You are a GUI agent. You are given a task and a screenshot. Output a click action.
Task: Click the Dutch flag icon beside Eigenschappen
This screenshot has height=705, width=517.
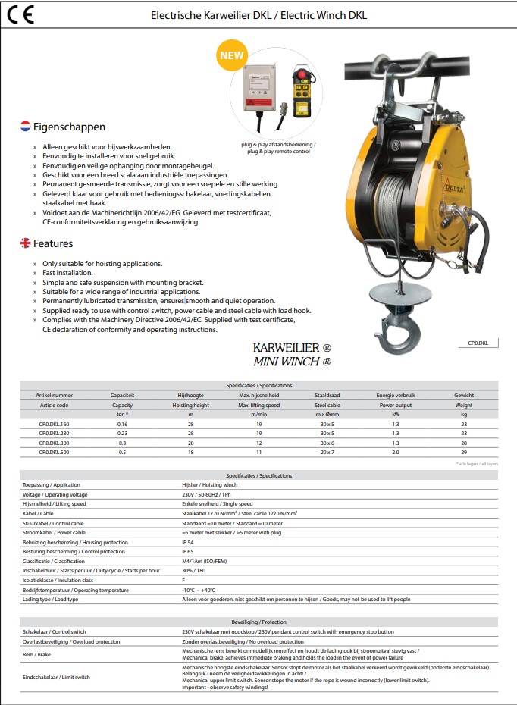point(26,127)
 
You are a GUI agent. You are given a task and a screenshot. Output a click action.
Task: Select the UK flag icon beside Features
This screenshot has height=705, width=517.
point(26,243)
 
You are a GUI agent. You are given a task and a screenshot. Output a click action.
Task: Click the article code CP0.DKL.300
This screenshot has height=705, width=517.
point(54,442)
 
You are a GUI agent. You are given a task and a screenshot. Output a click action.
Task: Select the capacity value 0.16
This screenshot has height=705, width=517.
point(122,424)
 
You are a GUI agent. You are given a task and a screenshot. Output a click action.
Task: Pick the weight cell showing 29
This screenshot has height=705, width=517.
point(464,451)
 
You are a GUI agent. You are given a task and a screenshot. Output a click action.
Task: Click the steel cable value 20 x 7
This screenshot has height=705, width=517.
point(327,451)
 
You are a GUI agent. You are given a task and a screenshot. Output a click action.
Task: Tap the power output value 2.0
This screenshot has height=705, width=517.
point(395,451)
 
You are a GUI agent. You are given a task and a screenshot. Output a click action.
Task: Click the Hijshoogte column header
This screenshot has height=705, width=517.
point(190,395)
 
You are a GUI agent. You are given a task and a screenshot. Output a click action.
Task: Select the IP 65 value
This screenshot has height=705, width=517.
point(190,552)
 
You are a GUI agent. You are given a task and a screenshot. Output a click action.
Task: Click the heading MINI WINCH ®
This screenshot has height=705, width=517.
point(292,362)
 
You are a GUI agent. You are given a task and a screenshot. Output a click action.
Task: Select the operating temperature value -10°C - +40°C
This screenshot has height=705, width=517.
point(199,590)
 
